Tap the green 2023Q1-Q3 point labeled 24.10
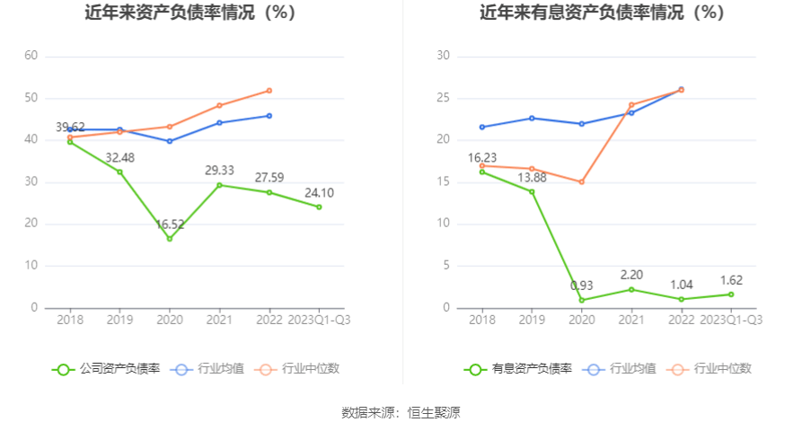pos(319,207)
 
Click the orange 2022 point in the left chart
pos(269,91)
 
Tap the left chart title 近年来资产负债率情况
pos(189,13)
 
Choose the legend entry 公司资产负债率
pos(107,368)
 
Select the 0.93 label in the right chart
pos(582,286)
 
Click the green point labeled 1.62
pos(731,295)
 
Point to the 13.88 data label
pos(532,177)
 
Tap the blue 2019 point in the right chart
pos(532,118)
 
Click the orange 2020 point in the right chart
pos(582,182)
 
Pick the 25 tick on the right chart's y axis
pos(442,98)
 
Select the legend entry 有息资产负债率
pos(518,368)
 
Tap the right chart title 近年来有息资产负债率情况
pos(601,13)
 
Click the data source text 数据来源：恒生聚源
pos(401,413)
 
